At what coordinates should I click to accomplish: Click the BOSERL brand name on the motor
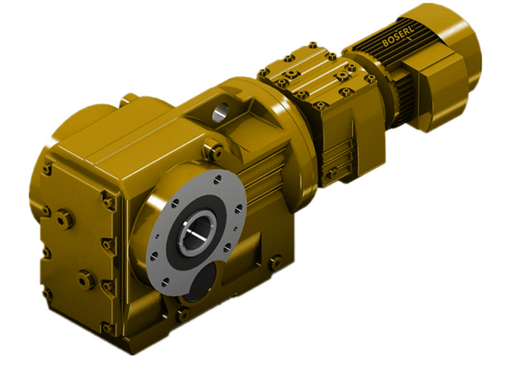tap(399, 39)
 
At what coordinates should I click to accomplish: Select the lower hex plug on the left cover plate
tap(85, 279)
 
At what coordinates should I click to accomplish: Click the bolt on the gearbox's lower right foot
tap(275, 262)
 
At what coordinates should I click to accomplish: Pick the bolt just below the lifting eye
tap(215, 151)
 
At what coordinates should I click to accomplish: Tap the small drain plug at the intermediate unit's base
tap(331, 173)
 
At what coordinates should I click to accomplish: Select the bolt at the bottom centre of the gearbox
tap(182, 315)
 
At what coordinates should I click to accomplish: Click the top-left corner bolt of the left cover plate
tap(47, 169)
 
